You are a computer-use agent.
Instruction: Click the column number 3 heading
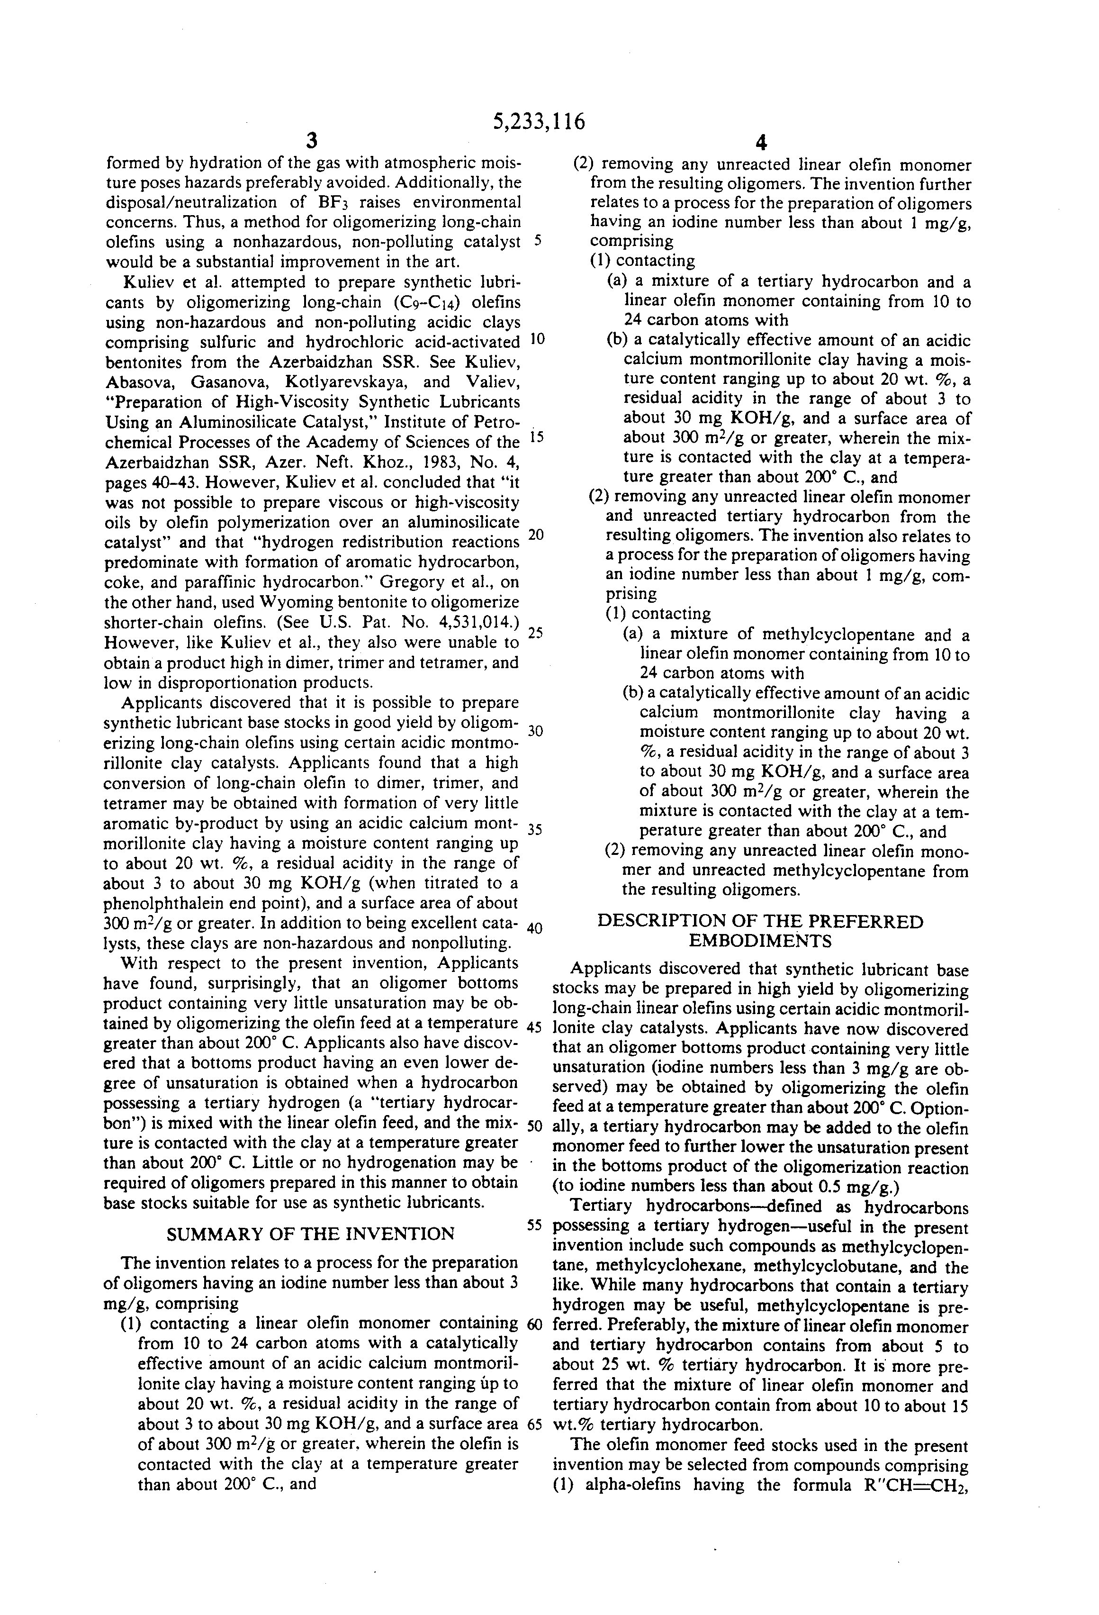pyautogui.click(x=312, y=141)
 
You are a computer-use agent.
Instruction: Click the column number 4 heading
pyautogui.click(x=761, y=143)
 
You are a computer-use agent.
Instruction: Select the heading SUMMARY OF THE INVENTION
pyautogui.click(x=311, y=1234)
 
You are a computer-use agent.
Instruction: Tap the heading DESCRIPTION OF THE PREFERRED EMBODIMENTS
pyautogui.click(x=761, y=931)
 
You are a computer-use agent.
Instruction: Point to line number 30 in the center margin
pyautogui.click(x=535, y=731)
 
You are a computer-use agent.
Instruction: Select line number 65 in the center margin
pyautogui.click(x=534, y=1423)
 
